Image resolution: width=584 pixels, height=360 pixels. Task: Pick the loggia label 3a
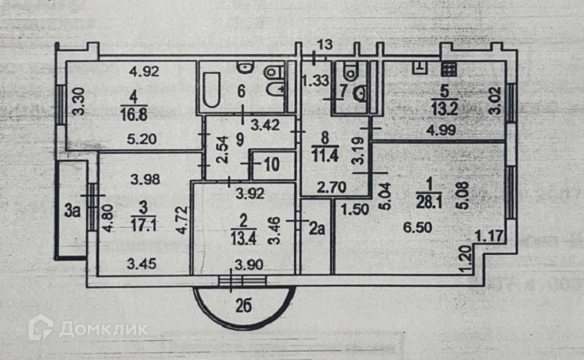pyautogui.click(x=72, y=211)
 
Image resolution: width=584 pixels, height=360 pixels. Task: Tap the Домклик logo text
pyautogui.click(x=102, y=329)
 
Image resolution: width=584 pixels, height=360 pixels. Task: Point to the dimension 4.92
pyautogui.click(x=143, y=72)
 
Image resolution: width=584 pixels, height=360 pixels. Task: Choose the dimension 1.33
pyautogui.click(x=315, y=79)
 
